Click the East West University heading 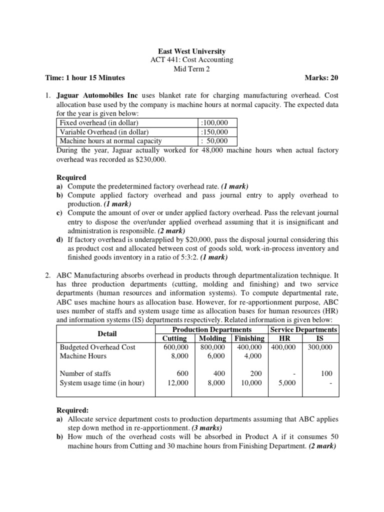click(192, 51)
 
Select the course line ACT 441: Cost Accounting click(192, 60)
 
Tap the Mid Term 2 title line click(192, 69)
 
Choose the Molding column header click(213, 338)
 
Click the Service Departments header click(303, 329)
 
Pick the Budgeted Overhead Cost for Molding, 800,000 click(213, 347)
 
